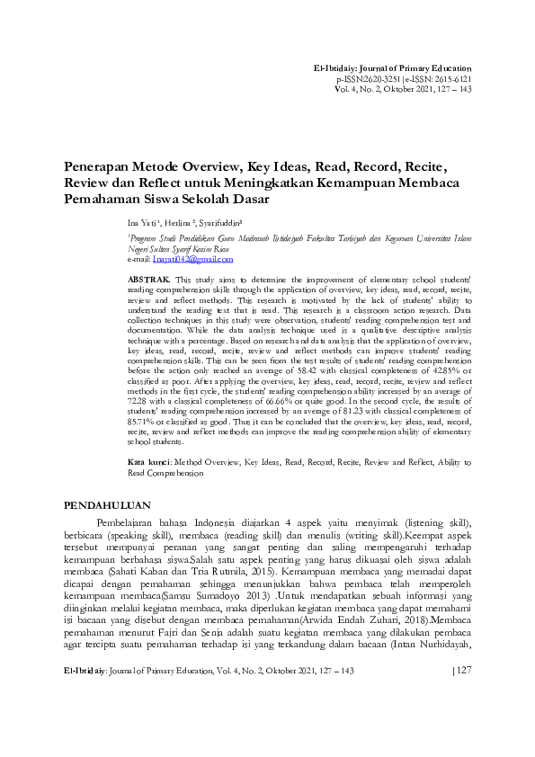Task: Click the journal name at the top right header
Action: click(x=391, y=69)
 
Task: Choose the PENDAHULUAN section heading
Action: click(x=106, y=505)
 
